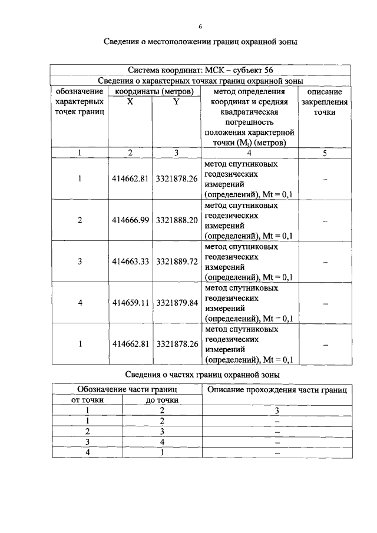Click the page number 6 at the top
click(x=200, y=27)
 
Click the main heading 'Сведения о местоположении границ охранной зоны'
click(x=200, y=42)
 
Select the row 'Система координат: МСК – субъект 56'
click(x=200, y=70)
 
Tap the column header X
click(x=130, y=102)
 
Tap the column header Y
click(x=176, y=102)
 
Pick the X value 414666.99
click(x=130, y=220)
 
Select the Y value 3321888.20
click(x=176, y=220)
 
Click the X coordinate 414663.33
click(x=130, y=261)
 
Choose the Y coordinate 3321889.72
click(x=176, y=261)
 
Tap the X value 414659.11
click(x=130, y=302)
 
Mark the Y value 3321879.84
click(x=176, y=302)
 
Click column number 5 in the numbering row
click(x=325, y=153)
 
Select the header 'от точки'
click(x=87, y=400)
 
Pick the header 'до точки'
click(x=161, y=400)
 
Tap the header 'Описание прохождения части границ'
click(x=276, y=389)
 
